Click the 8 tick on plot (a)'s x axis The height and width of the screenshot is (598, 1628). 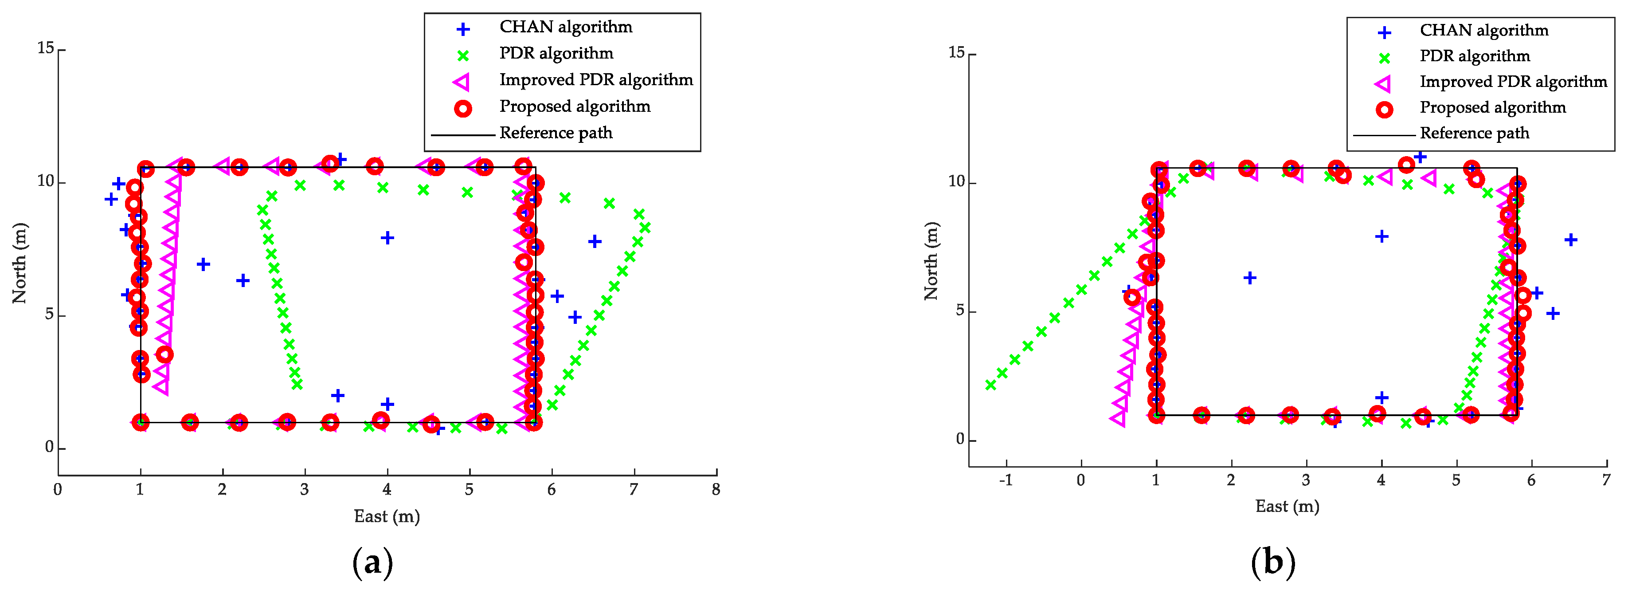[x=716, y=490]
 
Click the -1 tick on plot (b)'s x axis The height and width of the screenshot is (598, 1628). [x=1006, y=481]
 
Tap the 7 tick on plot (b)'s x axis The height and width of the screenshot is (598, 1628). [x=1606, y=481]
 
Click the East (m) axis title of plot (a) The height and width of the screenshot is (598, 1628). [x=387, y=516]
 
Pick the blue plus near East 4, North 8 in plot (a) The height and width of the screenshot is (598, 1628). [x=387, y=238]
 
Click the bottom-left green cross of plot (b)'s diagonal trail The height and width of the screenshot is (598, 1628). [x=990, y=385]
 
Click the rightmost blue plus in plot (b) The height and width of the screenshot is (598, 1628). [x=1570, y=240]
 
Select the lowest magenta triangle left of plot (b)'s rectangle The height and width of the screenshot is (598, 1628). [x=1117, y=418]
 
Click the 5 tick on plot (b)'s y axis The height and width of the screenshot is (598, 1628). [x=960, y=311]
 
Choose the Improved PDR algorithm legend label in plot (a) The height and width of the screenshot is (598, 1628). [x=595, y=80]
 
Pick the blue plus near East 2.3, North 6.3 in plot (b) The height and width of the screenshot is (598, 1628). [x=1249, y=278]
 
